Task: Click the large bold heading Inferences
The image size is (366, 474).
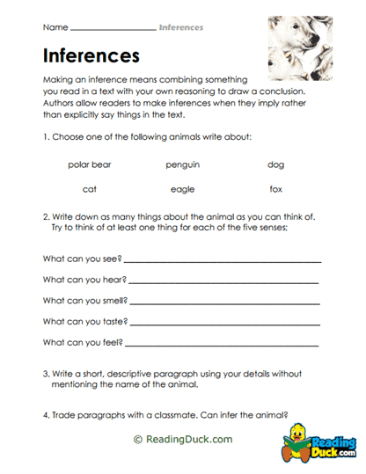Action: [x=91, y=56]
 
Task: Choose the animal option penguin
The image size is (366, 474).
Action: [x=182, y=164]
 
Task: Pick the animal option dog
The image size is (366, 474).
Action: [x=276, y=164]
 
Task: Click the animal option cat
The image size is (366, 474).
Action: [x=90, y=188]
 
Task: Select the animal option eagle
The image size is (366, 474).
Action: [x=182, y=188]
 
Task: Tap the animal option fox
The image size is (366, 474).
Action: [x=276, y=188]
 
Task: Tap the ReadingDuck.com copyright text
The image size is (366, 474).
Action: [x=182, y=438]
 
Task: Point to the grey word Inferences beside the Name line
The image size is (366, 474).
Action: [x=181, y=27]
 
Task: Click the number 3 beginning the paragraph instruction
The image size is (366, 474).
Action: [x=45, y=374]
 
